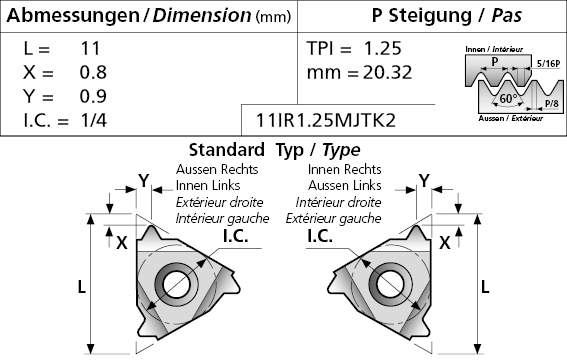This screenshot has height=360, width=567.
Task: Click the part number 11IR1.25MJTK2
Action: (326, 120)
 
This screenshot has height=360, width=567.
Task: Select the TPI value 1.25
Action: (383, 48)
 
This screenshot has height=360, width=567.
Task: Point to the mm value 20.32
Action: (387, 72)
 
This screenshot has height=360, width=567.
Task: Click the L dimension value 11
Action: (90, 48)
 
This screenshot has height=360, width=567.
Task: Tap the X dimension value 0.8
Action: (93, 72)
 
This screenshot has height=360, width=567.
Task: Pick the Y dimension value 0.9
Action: (93, 96)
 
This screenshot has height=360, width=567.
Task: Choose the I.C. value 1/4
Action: (94, 120)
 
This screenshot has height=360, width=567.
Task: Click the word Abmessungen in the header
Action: (73, 16)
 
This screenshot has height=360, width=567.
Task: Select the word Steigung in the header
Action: (430, 16)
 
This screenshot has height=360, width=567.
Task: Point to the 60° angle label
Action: (508, 98)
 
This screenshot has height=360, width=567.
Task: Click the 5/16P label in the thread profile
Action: (548, 64)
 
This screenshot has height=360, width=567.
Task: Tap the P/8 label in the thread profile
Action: (552, 103)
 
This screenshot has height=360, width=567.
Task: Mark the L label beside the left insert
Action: (82, 287)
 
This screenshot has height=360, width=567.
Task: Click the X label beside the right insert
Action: (445, 243)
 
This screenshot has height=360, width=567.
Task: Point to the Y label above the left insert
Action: (144, 180)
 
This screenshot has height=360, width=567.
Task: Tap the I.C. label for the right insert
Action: (320, 236)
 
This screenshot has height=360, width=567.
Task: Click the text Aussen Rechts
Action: (217, 169)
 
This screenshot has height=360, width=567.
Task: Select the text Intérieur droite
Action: (338, 202)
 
